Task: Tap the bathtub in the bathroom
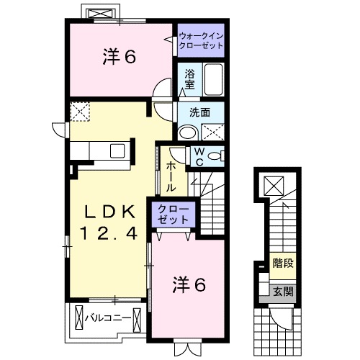coord(212,79)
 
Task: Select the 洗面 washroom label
coord(199,112)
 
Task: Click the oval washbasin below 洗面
coord(188,132)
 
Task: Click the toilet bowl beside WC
coord(216,156)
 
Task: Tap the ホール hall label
coord(171,175)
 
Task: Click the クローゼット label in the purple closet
coord(172,215)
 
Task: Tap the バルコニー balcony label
coord(107,317)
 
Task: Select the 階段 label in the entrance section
coord(282,264)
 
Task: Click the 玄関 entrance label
coord(282,292)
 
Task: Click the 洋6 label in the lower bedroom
coord(189,285)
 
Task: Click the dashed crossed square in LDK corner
coord(78,112)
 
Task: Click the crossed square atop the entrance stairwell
coord(274,186)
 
